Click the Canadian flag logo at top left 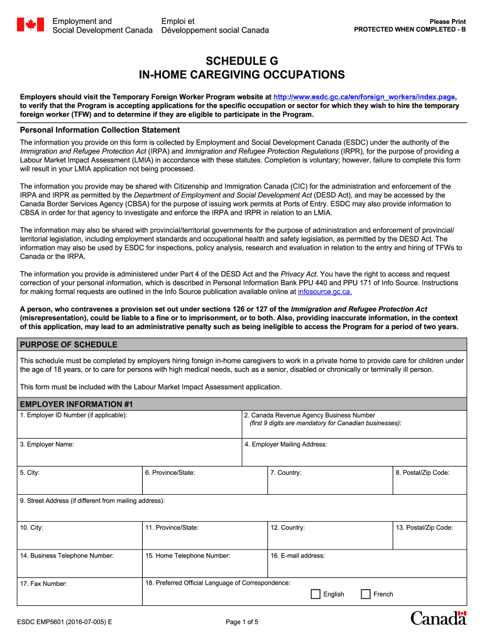point(30,25)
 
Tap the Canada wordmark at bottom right point(438,619)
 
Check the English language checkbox point(316,594)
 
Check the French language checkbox point(366,594)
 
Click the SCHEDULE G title point(241,62)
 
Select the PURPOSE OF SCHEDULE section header point(69,345)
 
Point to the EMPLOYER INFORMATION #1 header point(77,404)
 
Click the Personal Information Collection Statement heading point(100,130)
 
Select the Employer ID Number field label point(74,416)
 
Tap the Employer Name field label point(47,445)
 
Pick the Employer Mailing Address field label point(285,445)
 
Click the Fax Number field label point(43,584)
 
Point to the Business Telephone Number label point(67,556)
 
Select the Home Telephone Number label point(187,556)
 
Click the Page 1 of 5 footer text point(242,622)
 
